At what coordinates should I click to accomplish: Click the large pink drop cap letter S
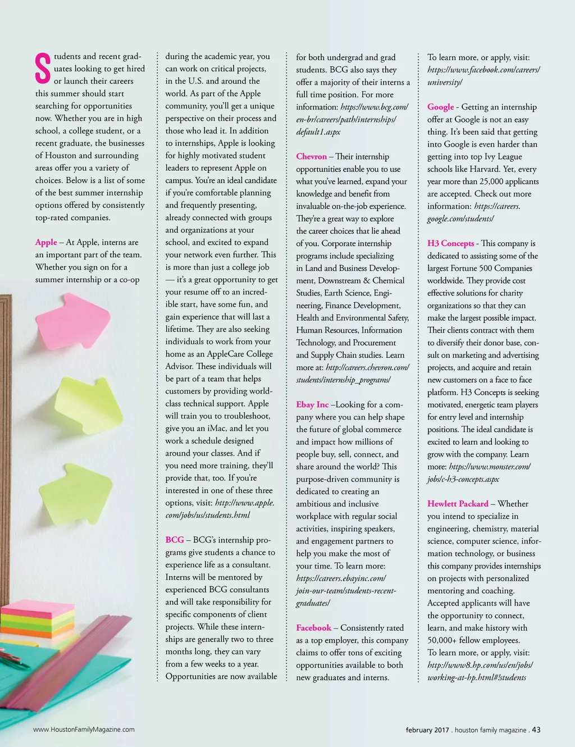43,69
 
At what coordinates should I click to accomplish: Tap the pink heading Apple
46,242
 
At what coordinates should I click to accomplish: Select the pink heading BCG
175,540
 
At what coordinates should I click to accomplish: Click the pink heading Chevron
311,157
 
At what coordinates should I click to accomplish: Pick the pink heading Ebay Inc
312,404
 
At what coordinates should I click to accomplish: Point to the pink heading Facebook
313,628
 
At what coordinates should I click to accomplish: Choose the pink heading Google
440,107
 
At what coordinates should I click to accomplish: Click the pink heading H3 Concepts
450,243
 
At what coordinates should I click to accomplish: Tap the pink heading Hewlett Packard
458,504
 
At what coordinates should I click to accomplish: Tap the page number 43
536,730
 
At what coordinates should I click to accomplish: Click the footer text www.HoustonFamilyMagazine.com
84,730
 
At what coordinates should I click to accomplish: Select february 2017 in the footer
427,730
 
